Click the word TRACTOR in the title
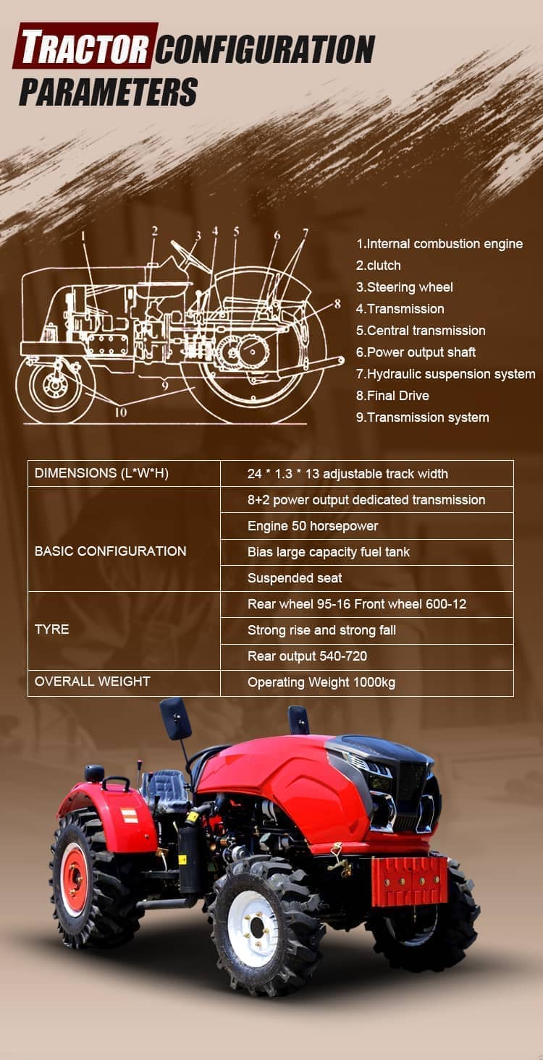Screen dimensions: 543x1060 [85, 46]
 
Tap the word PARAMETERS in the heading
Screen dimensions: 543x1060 [108, 92]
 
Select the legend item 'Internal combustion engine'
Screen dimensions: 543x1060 [439, 244]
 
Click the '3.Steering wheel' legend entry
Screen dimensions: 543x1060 [404, 287]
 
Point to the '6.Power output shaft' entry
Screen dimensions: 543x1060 [416, 352]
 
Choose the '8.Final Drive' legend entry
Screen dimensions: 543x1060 [392, 396]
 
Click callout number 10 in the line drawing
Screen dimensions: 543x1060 [121, 412]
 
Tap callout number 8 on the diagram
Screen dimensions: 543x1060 [337, 303]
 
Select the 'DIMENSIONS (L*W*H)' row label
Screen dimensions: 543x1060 [101, 473]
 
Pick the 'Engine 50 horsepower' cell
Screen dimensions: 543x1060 [313, 526]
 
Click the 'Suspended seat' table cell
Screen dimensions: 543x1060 [295, 578]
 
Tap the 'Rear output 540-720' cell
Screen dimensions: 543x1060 [307, 656]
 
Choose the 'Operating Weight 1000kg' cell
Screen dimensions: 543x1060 [321, 682]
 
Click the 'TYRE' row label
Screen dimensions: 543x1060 [51, 629]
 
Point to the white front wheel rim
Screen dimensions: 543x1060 [253, 928]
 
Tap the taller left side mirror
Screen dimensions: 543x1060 [176, 718]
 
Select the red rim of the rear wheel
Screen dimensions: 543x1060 [75, 879]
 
